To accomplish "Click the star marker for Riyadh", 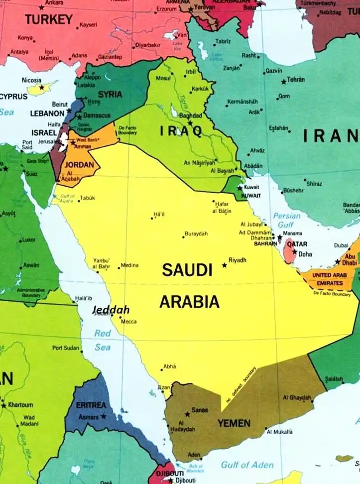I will [224, 265].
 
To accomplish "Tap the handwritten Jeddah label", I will [111, 310].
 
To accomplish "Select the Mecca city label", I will [128, 322].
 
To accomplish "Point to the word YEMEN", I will [234, 423].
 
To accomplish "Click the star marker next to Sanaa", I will [187, 414].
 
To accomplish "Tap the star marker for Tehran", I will [284, 81].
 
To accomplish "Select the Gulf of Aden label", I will [247, 465].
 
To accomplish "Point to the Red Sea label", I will [103, 340].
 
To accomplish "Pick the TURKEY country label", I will [49, 19].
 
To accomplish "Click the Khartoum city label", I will [20, 405].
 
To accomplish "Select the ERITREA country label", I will [91, 405].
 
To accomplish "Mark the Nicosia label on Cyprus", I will [32, 80].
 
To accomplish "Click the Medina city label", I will [129, 265].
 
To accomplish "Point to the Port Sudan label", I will [66, 348].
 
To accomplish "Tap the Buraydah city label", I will [196, 234].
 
